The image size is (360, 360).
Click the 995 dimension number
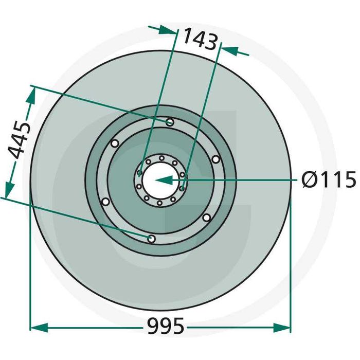(x=165, y=326)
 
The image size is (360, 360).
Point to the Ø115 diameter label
(x=329, y=181)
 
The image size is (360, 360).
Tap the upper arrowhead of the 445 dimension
(x=32, y=94)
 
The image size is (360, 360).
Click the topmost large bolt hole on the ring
(x=170, y=122)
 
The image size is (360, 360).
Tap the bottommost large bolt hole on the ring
(x=151, y=239)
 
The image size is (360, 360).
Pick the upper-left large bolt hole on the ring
(x=114, y=143)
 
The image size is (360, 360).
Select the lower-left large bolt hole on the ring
(x=105, y=202)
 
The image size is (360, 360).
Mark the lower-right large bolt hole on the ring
(x=206, y=218)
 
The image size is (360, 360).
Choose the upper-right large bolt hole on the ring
(x=215, y=159)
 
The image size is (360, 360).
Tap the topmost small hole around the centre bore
(x=161, y=158)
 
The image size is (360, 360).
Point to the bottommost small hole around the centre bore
(x=159, y=203)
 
